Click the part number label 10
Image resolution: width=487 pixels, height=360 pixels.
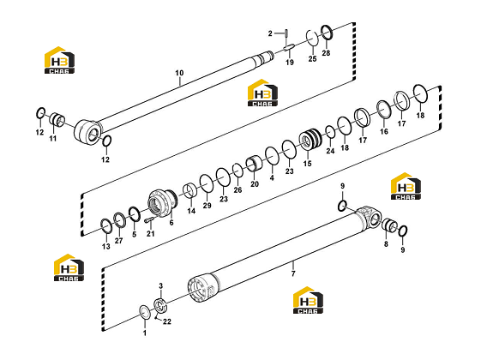pos(179,73)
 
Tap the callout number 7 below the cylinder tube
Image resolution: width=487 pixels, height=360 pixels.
pos(293,273)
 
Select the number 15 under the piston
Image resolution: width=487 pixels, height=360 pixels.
pos(307,164)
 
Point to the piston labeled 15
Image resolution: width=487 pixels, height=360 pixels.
pos(310,139)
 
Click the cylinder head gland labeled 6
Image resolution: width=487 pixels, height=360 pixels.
pos(162,203)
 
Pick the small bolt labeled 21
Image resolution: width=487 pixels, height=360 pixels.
pos(149,220)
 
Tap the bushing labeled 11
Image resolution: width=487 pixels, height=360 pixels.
pos(57,120)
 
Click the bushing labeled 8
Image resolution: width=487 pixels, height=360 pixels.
pos(389,225)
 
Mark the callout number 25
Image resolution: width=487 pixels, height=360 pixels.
pos(312,58)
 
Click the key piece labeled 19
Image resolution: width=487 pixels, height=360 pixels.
pos(289,47)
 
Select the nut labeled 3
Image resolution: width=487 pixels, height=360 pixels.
pos(161,306)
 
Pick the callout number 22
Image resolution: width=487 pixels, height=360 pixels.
pos(167,321)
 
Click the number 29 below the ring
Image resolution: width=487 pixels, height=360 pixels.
pos(207,206)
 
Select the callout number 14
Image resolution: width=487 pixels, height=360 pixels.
pos(191,211)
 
